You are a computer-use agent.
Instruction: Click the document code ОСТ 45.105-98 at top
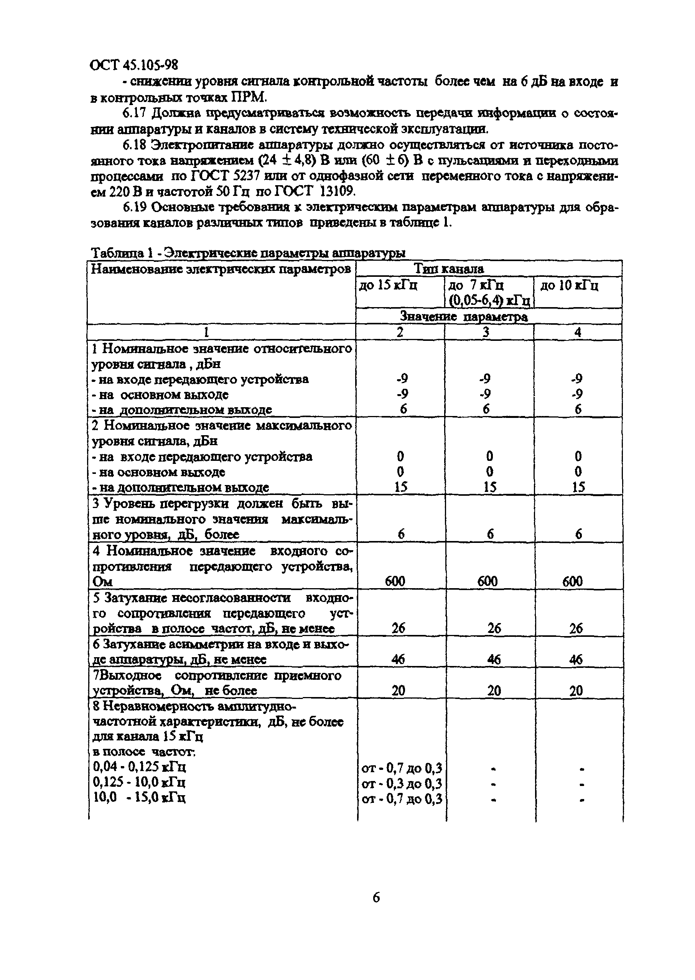134,65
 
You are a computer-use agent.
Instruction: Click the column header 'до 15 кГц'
388,285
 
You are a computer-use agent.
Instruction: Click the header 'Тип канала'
448,269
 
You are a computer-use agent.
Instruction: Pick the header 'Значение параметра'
463,317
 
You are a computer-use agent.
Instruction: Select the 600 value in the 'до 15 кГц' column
395,581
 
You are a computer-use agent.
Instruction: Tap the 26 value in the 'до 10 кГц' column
576,628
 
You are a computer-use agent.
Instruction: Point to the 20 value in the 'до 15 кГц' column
399,691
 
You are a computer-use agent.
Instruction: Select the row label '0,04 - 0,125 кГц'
139,766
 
